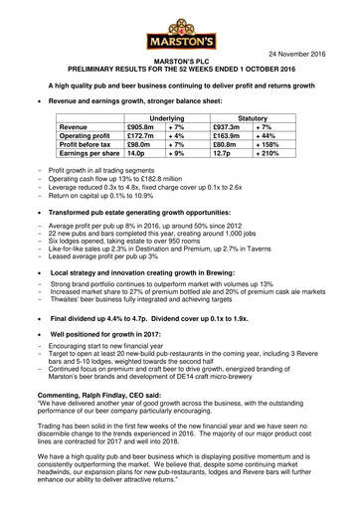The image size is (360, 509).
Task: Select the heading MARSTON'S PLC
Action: pyautogui.click(x=180, y=62)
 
